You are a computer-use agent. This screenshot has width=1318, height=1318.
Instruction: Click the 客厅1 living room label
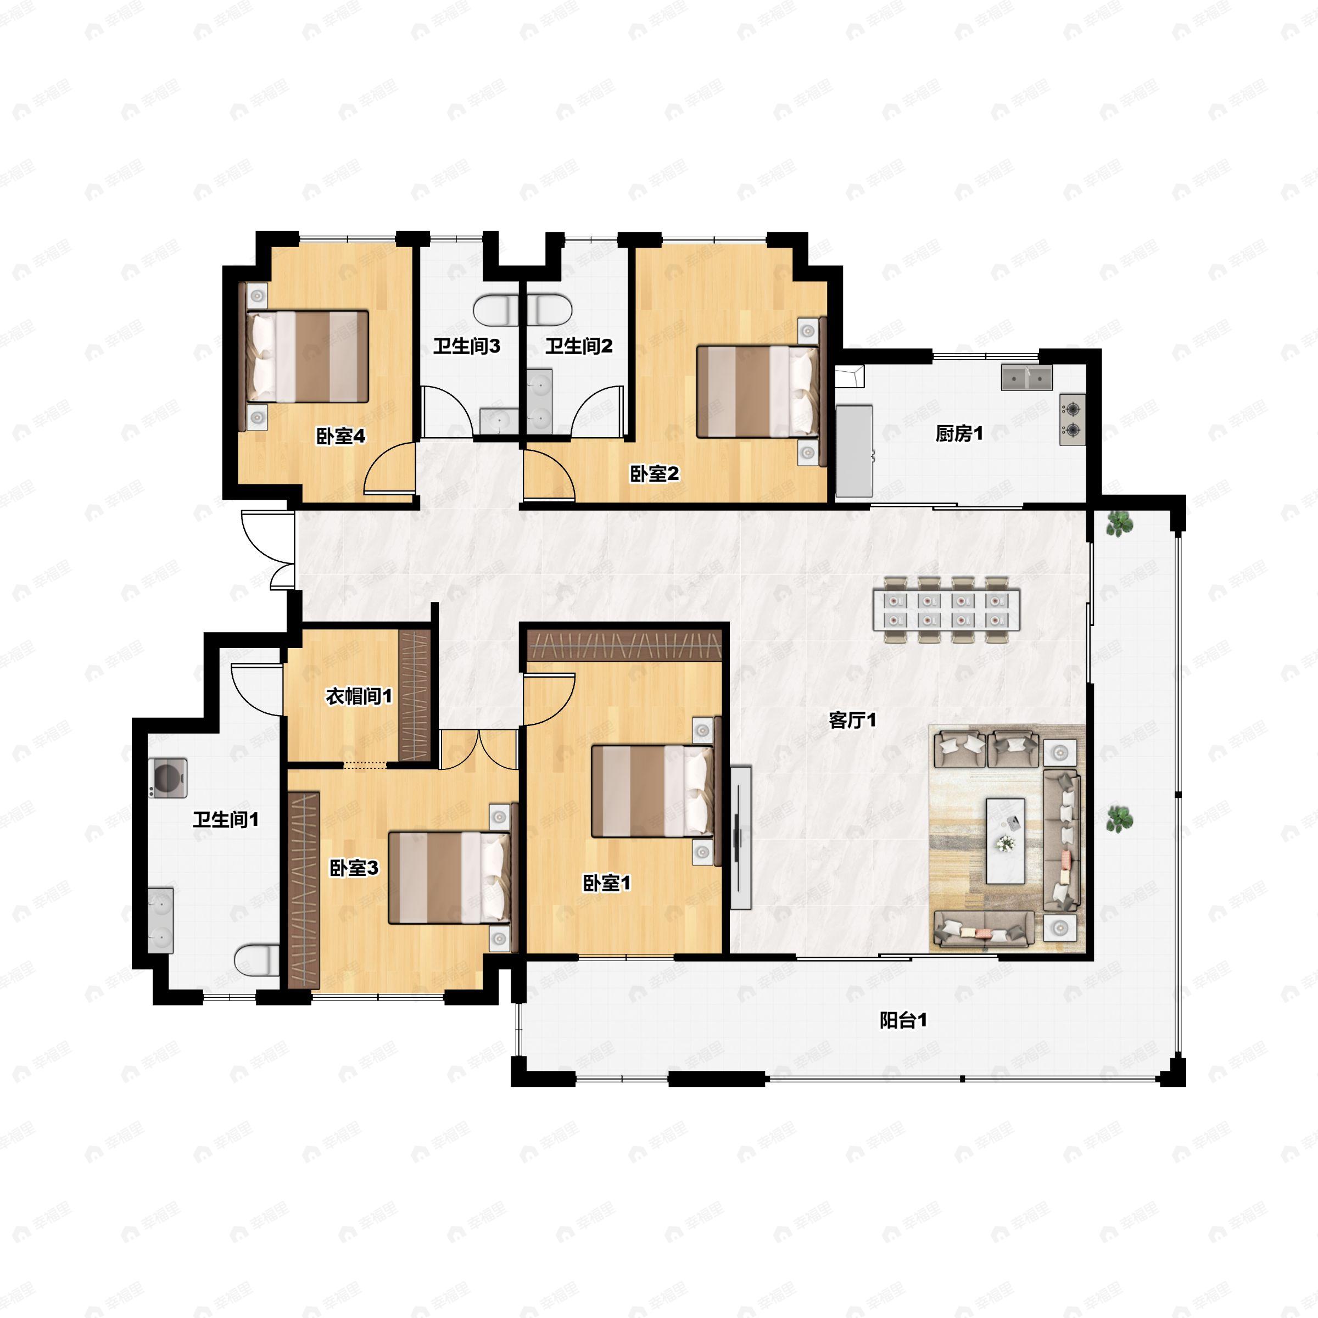point(852,720)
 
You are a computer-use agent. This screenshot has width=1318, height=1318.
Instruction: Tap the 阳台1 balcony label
point(903,1020)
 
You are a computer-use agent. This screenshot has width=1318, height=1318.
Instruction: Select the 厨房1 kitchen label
point(959,433)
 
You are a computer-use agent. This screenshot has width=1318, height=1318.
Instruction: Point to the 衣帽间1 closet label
point(359,696)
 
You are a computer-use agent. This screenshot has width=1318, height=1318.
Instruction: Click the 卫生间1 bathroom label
point(226,819)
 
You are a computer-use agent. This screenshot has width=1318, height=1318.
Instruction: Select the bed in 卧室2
point(757,392)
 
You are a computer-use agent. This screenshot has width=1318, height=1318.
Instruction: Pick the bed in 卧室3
point(450,878)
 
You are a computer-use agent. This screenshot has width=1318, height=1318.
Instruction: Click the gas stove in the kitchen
point(1073,420)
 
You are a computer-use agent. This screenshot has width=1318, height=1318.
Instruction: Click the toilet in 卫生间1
point(257,960)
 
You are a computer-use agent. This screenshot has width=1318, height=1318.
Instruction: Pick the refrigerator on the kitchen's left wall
point(854,451)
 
